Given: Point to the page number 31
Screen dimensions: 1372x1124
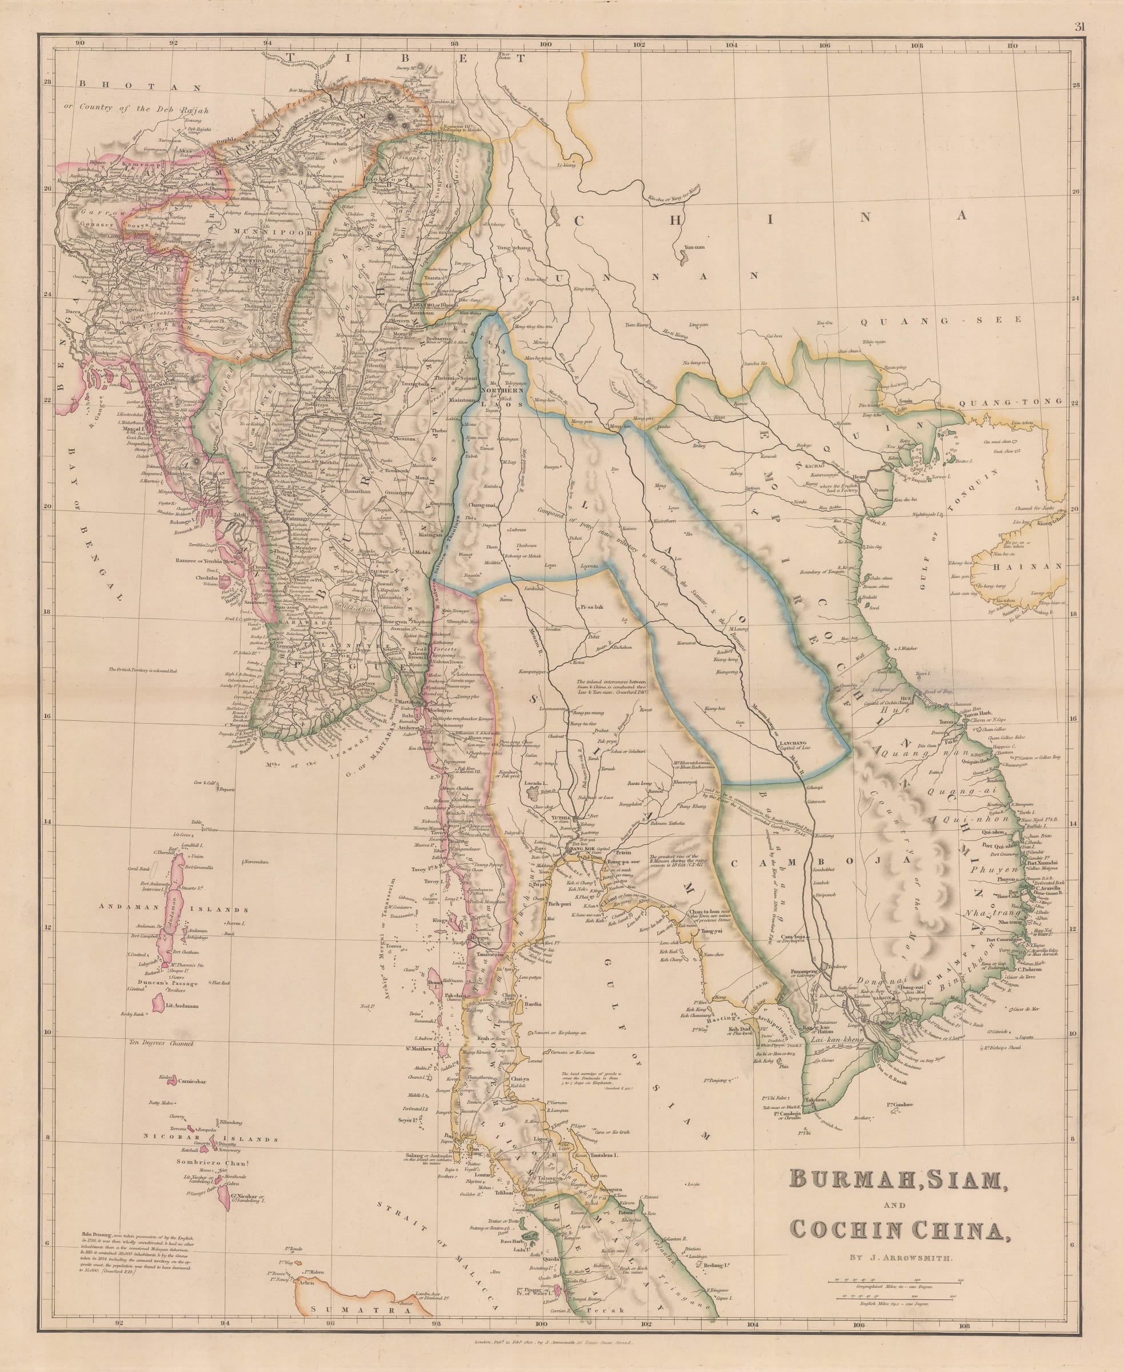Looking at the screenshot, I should (x=1079, y=26).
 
